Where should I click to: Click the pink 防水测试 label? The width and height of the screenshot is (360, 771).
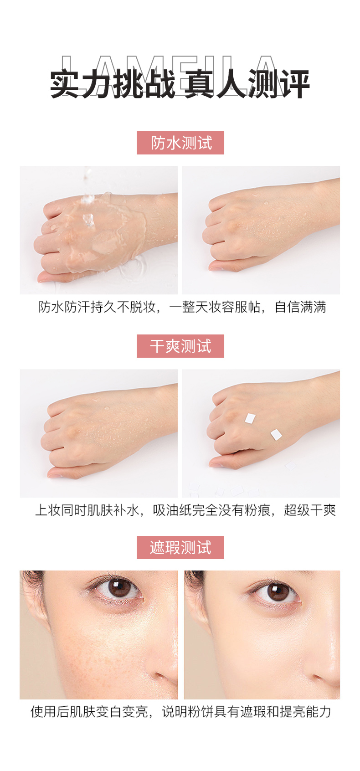[180, 143]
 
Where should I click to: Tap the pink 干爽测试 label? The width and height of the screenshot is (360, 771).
[180, 346]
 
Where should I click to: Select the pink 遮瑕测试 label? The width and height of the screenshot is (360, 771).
[180, 547]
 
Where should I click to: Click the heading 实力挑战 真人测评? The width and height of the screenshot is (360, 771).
[180, 84]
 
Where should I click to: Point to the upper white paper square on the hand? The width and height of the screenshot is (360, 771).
[250, 418]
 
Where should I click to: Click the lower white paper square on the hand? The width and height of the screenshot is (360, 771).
[276, 435]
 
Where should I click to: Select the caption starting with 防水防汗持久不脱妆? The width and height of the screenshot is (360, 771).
[182, 307]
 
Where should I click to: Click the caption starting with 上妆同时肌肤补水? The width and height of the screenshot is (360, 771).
[185, 510]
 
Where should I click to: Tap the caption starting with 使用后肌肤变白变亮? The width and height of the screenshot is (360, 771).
[180, 711]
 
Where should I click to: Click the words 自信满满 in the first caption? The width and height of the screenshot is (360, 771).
[300, 307]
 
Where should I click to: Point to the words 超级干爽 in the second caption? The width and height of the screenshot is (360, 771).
[310, 510]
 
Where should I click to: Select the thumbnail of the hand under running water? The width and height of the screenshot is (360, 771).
[99, 230]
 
